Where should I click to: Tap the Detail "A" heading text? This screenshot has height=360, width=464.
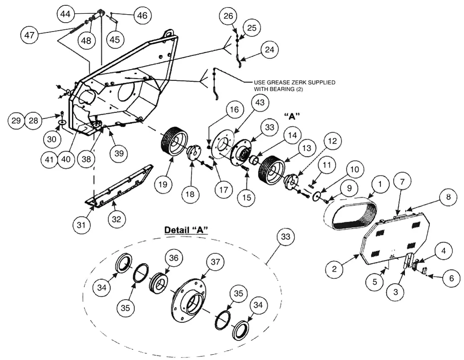click(x=187, y=230)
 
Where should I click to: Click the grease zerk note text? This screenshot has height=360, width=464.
click(x=294, y=86)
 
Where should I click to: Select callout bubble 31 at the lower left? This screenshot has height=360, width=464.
click(x=81, y=225)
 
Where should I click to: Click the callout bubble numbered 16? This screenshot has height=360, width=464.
click(x=234, y=109)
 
